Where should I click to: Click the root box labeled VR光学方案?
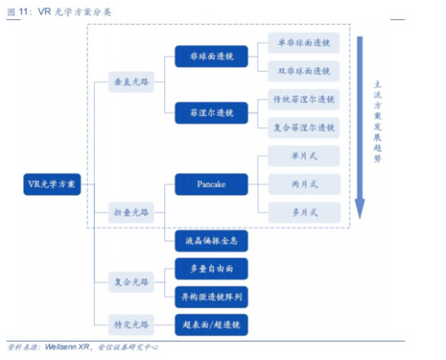point(52,184)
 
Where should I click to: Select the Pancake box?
point(211,184)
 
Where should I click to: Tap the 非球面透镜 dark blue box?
point(211,57)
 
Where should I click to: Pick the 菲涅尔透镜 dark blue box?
point(211,113)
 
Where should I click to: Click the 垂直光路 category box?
point(131,82)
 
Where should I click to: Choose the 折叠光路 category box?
point(131,212)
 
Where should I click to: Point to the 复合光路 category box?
point(131,282)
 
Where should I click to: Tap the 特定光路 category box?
point(131,325)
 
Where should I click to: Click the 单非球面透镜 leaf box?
point(304,42)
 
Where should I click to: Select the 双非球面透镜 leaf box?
point(304,71)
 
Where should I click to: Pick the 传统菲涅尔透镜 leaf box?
point(304,99)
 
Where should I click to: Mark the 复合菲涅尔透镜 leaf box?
point(304,128)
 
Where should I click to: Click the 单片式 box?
point(304,156)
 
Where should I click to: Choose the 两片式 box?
point(304,184)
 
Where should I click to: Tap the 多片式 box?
point(304,212)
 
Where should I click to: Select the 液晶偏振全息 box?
point(211,241)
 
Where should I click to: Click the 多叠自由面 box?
point(211,269)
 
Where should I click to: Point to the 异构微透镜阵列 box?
point(211,297)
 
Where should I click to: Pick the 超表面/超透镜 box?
point(211,325)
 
